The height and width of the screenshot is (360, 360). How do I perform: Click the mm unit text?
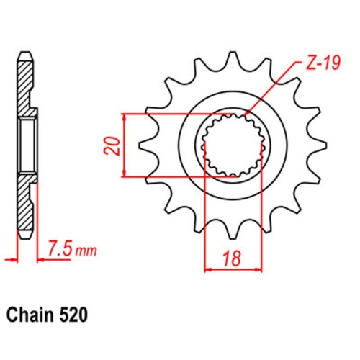coord(86,251)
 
